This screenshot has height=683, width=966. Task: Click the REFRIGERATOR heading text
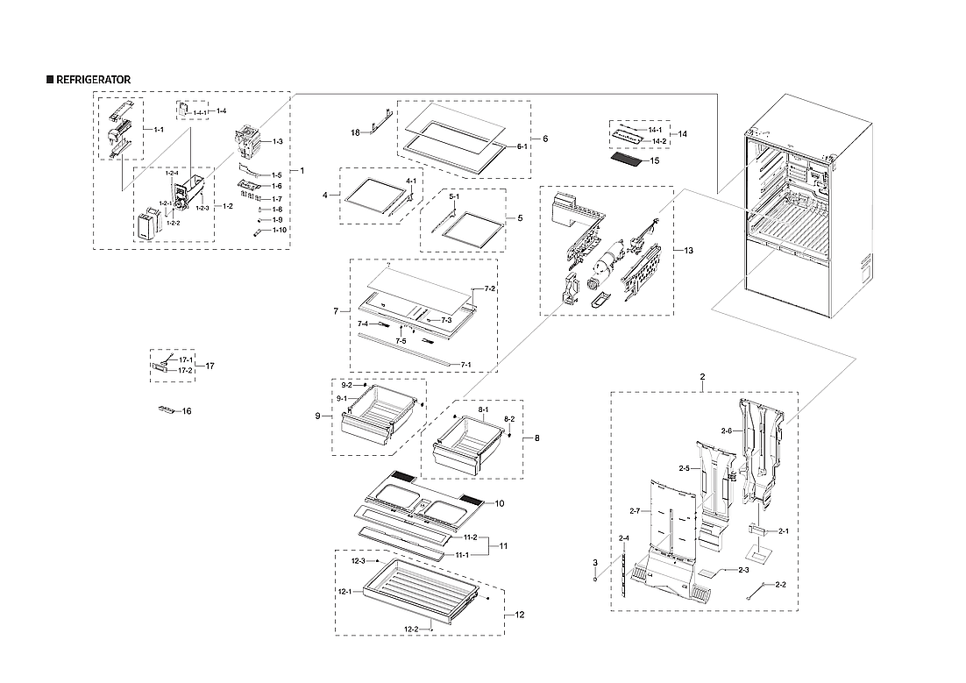tap(93, 80)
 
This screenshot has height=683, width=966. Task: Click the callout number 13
tap(688, 252)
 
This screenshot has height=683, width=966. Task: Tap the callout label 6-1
tap(521, 146)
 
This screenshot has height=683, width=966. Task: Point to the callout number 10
tap(500, 503)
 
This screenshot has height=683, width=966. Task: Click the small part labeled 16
tap(167, 409)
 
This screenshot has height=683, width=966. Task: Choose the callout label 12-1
tap(344, 591)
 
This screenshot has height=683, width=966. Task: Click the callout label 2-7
tap(636, 510)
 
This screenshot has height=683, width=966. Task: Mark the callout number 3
tap(594, 562)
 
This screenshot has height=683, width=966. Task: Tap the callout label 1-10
tap(279, 230)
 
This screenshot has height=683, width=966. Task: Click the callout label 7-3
tap(446, 320)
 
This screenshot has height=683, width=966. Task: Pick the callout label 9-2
tap(347, 386)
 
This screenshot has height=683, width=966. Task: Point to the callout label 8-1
tap(483, 410)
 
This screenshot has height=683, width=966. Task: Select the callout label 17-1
tap(185, 360)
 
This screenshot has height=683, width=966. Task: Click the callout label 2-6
tap(726, 430)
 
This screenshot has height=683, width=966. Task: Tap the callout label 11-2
tap(470, 537)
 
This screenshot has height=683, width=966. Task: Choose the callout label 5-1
tap(454, 198)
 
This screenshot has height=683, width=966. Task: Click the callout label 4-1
tap(411, 181)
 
